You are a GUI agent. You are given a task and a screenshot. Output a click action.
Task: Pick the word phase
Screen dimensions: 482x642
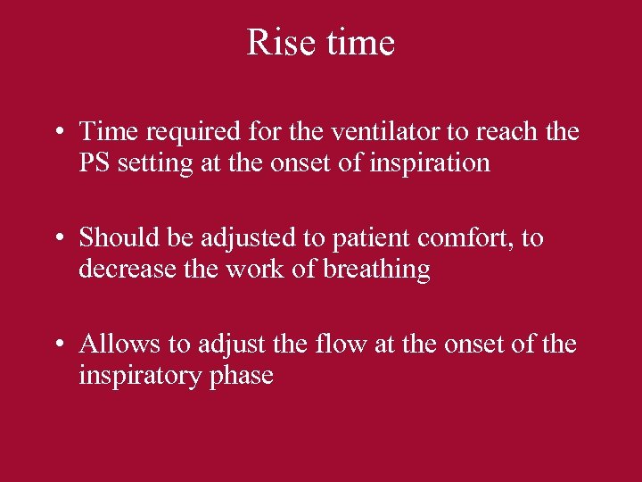pos(240,376)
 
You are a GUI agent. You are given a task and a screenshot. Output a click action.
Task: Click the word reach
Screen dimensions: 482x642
pos(508,132)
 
